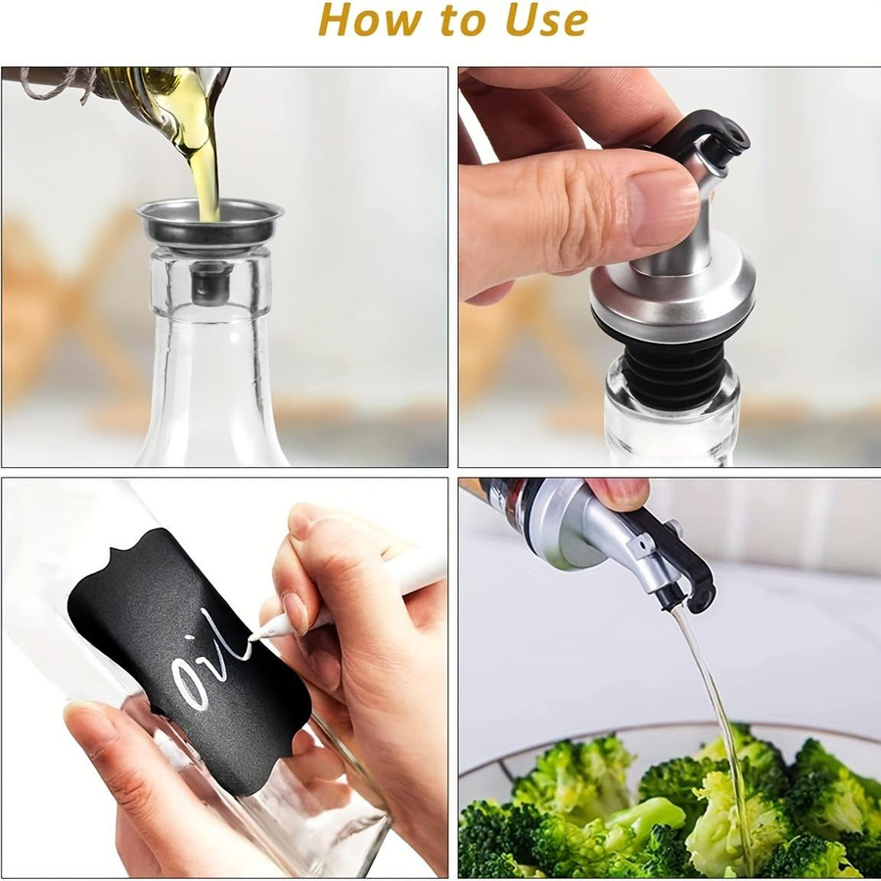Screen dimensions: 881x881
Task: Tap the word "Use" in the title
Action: point(546,20)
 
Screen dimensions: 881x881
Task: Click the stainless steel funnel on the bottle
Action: point(209,225)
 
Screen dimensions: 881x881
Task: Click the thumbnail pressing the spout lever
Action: point(663,208)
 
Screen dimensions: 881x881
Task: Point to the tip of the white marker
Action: point(253,637)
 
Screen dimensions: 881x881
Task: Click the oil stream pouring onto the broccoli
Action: point(715,730)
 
